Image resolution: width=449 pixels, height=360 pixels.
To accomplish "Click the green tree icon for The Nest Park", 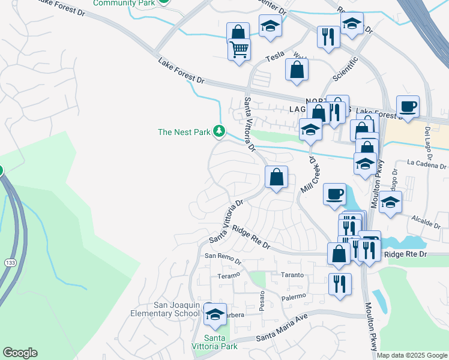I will tap(220, 131).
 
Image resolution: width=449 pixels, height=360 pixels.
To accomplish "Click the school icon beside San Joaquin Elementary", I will tap(214, 313).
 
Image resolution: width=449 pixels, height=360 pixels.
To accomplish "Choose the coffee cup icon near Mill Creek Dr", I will tap(334, 194).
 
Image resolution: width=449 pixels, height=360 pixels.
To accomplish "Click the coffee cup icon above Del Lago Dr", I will tap(408, 107).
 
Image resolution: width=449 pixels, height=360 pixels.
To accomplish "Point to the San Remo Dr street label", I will tap(223, 259).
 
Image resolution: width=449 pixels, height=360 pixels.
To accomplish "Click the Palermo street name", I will tap(294, 296).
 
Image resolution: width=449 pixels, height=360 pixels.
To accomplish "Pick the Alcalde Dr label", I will tap(427, 223).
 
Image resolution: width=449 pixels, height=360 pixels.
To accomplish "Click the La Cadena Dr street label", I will tap(426, 164).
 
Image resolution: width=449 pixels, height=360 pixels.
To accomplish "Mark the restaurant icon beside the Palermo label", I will tap(340, 283).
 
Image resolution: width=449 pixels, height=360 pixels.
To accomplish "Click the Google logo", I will tap(20, 353).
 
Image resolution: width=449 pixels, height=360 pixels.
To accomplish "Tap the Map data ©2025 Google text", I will tap(412, 355).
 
